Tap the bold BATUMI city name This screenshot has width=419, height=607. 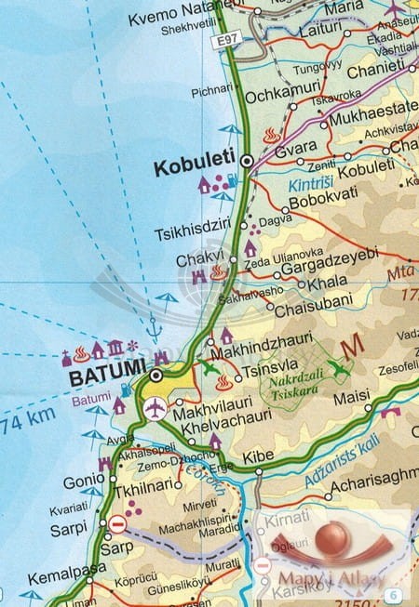(x=105, y=377)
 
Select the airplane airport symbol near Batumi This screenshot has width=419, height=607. (x=155, y=407)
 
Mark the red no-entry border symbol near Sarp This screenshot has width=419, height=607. (x=117, y=525)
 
